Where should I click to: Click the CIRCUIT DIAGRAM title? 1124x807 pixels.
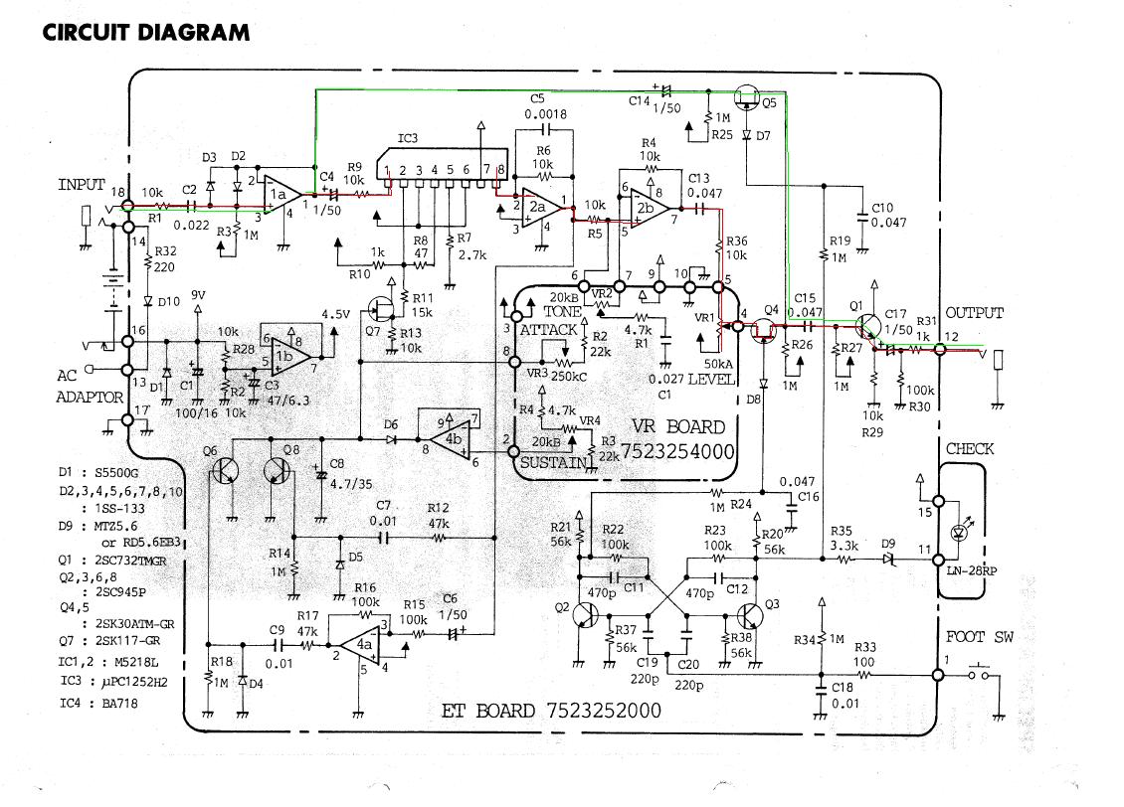146,32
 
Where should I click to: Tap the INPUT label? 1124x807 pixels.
82,185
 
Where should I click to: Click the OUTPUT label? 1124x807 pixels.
975,313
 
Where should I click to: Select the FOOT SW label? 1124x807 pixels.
980,637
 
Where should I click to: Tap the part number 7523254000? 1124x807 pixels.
678,451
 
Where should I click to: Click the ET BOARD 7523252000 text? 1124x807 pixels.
551,711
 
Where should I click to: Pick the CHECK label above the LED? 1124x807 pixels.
970,448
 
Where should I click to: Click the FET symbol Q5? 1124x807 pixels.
745,98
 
